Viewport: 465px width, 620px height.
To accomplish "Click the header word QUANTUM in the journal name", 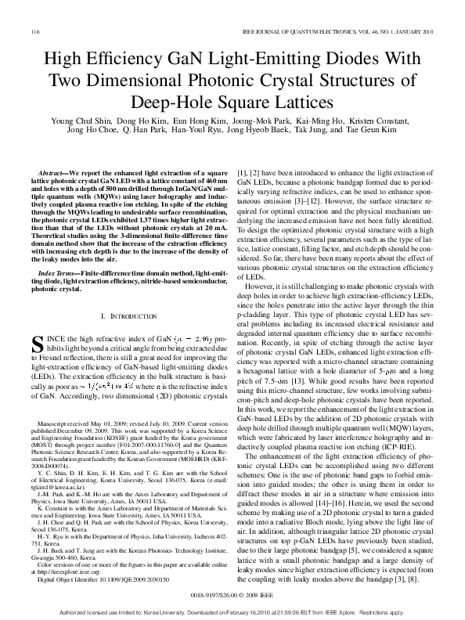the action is point(326,31).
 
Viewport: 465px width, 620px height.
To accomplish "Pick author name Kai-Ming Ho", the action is point(318,122).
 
